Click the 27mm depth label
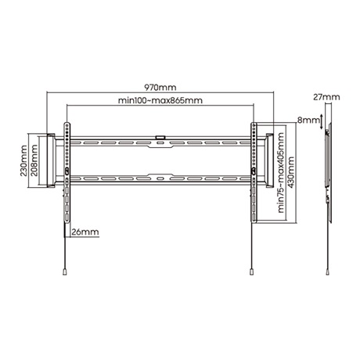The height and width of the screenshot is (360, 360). coord(330,97)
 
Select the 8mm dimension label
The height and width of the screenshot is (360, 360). coord(308,121)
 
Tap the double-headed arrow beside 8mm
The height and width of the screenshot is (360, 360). coord(321,122)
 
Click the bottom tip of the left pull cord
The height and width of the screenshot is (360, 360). coord(63,272)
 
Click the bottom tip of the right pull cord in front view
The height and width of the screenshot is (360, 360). coord(252,272)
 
